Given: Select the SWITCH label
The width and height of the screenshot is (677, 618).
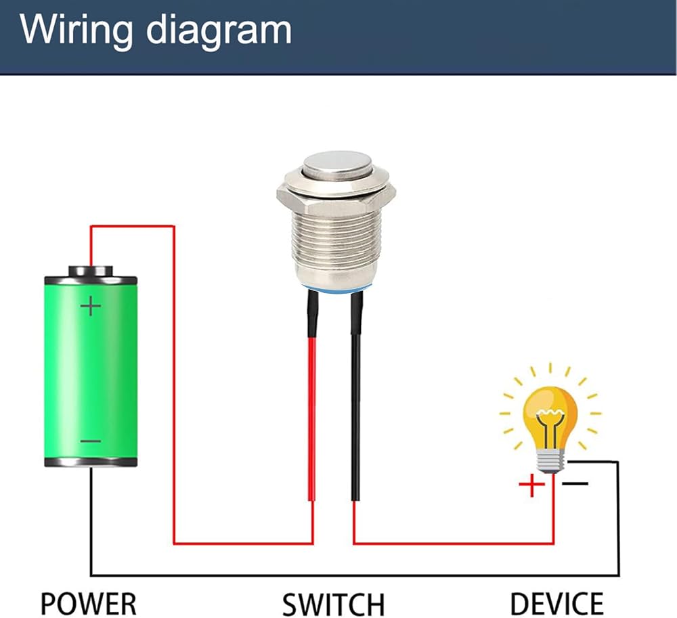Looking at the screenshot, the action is click(x=333, y=604).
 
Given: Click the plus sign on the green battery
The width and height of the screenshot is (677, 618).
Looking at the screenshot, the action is click(x=91, y=306).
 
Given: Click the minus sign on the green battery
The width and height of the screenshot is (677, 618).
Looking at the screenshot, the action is click(x=91, y=441).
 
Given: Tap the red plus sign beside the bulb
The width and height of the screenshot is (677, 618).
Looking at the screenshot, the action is click(x=531, y=485).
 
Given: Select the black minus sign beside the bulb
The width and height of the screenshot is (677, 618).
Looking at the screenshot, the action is click(x=575, y=483).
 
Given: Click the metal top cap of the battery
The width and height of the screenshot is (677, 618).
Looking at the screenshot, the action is click(x=91, y=271).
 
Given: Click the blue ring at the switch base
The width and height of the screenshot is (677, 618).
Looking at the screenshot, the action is click(x=337, y=290).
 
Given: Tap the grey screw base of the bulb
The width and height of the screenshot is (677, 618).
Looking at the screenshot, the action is click(x=550, y=460).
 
